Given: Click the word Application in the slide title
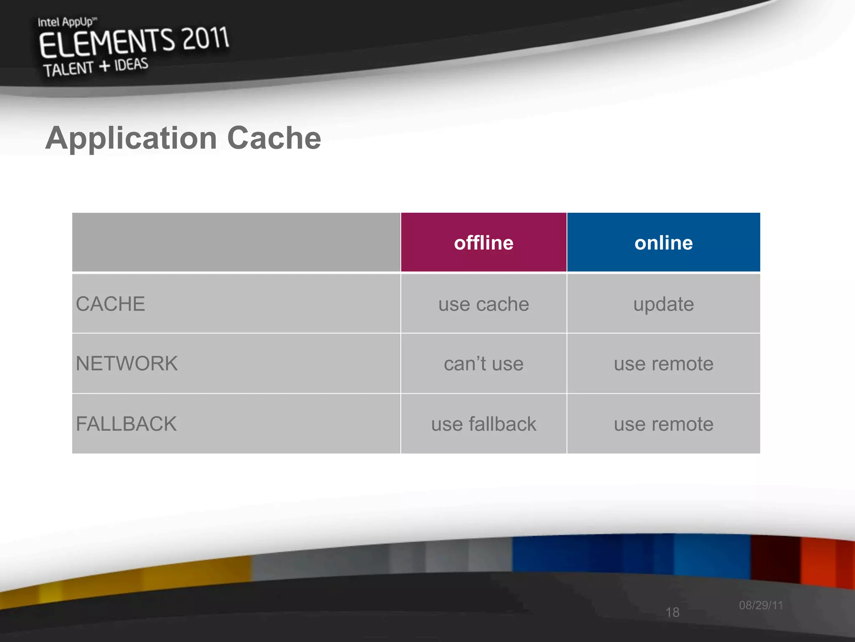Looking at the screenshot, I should (131, 138).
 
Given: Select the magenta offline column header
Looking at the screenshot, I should (483, 243).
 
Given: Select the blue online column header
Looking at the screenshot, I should (663, 243).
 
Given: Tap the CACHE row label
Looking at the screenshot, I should (111, 304).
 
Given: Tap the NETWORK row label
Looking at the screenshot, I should (127, 363).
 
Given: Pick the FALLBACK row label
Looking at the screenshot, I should (126, 424).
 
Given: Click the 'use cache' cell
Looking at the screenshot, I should (483, 304).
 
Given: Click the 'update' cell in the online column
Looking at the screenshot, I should (663, 304).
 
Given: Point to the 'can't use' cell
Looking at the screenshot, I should (483, 364).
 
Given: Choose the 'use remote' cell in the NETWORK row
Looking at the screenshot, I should (663, 364).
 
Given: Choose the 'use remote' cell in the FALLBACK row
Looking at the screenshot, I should (663, 424).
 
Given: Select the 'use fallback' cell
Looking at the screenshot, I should (483, 424).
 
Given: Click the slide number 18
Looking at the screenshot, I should (672, 612).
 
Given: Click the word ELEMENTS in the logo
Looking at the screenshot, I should (106, 43).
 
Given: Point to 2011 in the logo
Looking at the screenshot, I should (205, 38).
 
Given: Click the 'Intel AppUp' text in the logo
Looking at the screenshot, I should (67, 22).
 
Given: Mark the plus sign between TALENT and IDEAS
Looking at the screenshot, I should (104, 66).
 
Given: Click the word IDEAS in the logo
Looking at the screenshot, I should (131, 65).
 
